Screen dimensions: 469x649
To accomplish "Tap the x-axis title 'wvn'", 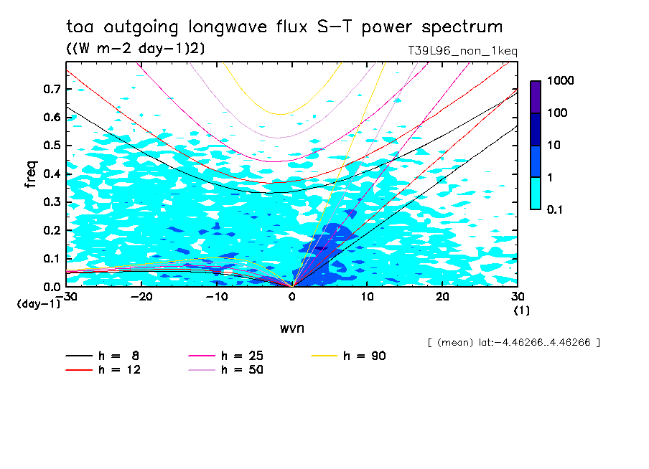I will click(292, 328).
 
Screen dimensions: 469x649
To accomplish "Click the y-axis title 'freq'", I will click(31, 174).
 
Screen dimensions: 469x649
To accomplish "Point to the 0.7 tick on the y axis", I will click(52, 89).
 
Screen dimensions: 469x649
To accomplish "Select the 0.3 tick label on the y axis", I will click(52, 202).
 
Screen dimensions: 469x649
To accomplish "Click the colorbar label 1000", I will click(560, 81).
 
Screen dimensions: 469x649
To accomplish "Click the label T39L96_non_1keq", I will click(462, 51).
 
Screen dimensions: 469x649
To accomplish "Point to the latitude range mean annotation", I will click(513, 342).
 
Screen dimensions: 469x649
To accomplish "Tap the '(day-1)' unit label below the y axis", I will click(39, 304).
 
